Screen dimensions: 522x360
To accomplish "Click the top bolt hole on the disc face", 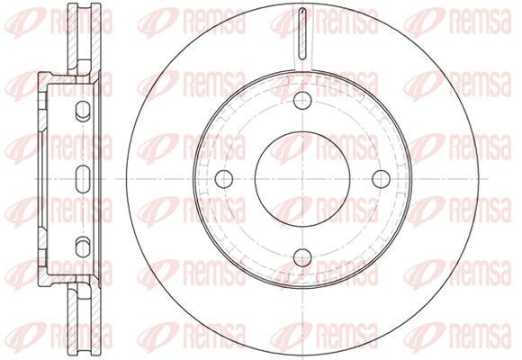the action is point(302,101).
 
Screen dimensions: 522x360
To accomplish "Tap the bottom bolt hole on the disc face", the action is point(302,257).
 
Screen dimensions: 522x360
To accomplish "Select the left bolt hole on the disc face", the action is point(224,179).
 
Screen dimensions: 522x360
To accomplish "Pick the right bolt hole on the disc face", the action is point(382,179).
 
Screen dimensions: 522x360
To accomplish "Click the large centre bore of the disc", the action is point(302,179).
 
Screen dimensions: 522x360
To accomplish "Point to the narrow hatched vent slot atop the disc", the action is point(302,33).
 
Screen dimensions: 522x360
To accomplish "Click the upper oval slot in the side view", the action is point(83,111).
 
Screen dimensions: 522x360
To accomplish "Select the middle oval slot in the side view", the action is point(83,179).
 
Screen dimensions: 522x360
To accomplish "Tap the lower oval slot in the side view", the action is point(83,247).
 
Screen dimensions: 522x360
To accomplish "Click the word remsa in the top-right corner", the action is point(481,22).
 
